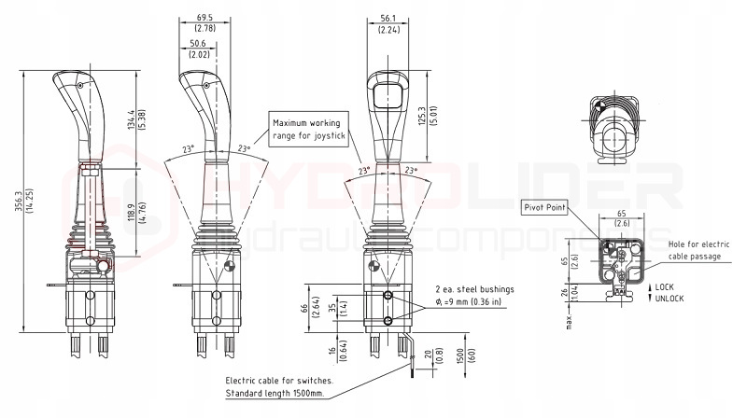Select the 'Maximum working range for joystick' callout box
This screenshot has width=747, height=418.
pyautogui.click(x=308, y=129)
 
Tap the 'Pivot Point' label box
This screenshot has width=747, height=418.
pyautogui.click(x=544, y=207)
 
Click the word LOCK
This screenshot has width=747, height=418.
pyautogui.click(x=664, y=287)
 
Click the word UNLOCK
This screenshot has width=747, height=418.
pyautogui.click(x=669, y=299)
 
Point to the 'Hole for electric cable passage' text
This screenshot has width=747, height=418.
pyautogui.click(x=698, y=250)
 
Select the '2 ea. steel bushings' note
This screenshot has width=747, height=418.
pyautogui.click(x=474, y=289)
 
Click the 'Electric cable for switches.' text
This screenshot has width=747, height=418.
pyautogui.click(x=279, y=381)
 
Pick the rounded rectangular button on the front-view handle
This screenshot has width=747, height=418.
pyautogui.click(x=388, y=95)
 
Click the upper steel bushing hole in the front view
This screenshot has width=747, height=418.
pyautogui.click(x=388, y=296)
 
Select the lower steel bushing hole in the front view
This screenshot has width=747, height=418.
pyautogui.click(x=388, y=320)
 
